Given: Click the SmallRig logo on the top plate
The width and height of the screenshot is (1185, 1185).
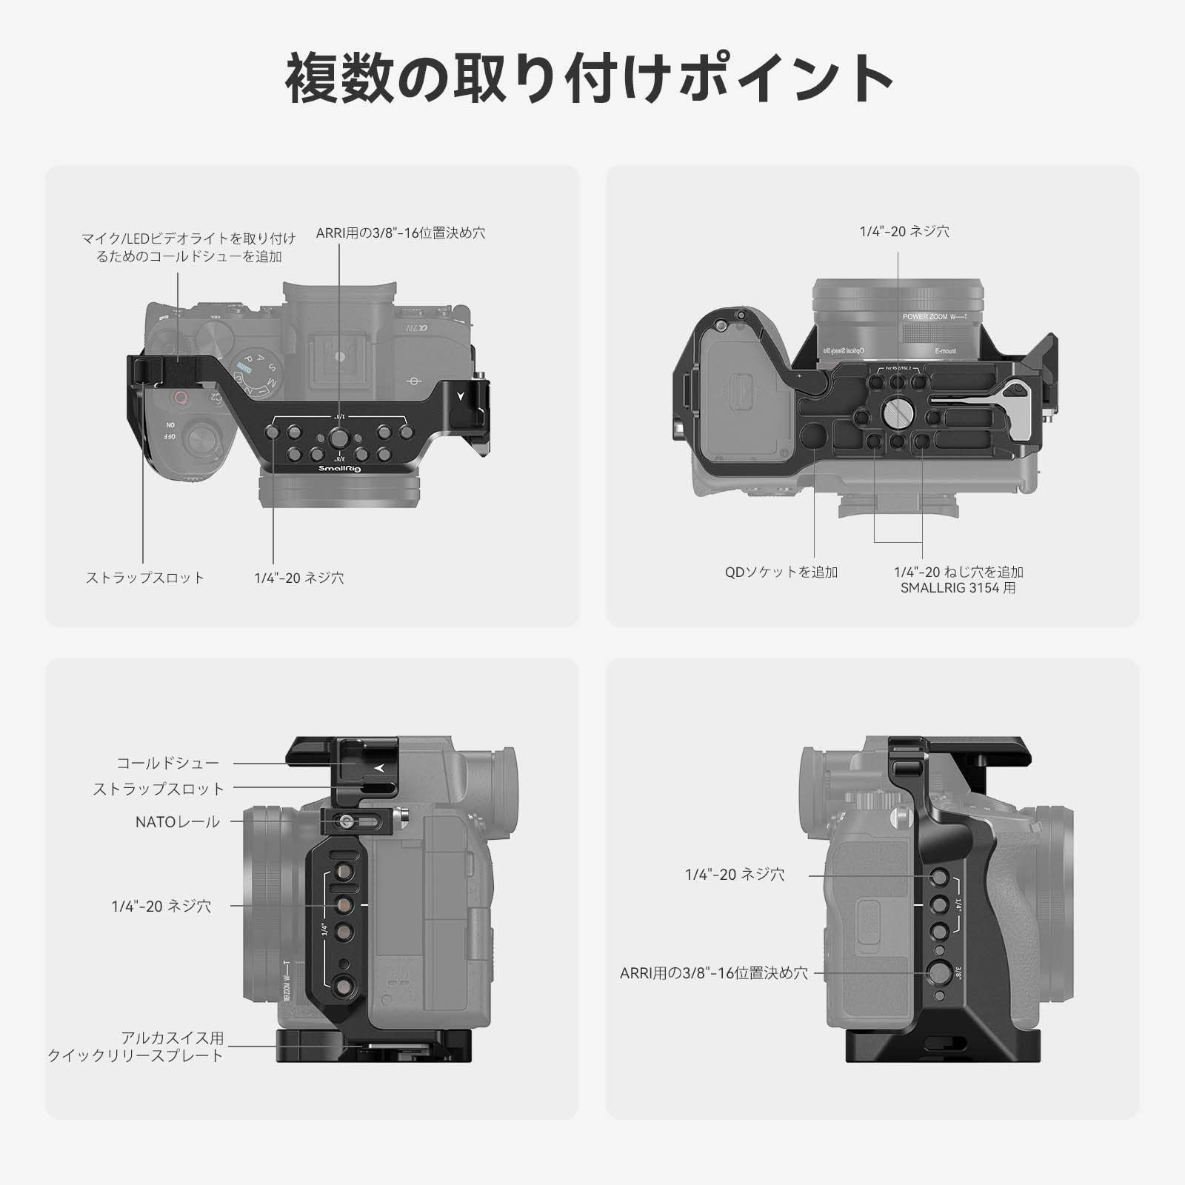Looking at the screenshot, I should pos(339,468).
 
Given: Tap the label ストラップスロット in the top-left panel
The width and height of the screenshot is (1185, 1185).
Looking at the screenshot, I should pos(145,578).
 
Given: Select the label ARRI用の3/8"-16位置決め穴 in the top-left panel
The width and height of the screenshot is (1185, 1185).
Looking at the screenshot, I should pos(400,233).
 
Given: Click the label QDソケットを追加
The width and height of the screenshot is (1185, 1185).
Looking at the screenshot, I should pos(781,572).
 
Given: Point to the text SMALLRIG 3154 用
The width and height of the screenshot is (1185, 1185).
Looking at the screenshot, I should pos(958,588).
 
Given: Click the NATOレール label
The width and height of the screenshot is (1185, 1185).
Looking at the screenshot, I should pos(178,821).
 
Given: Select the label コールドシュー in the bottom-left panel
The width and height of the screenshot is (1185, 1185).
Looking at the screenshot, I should pos(168,763).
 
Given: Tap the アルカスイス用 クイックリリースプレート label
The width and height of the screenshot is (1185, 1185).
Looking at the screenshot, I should pos(136,1047).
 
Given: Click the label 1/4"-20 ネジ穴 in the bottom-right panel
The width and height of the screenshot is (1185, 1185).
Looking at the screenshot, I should pos(735,875).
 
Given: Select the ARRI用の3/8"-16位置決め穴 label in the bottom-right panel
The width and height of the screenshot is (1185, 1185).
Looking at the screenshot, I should pos(714,973).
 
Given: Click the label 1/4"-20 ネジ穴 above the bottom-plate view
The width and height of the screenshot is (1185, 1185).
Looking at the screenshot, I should pos(904,232).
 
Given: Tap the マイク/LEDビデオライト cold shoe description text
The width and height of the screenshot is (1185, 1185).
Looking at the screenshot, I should pos(189,247).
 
